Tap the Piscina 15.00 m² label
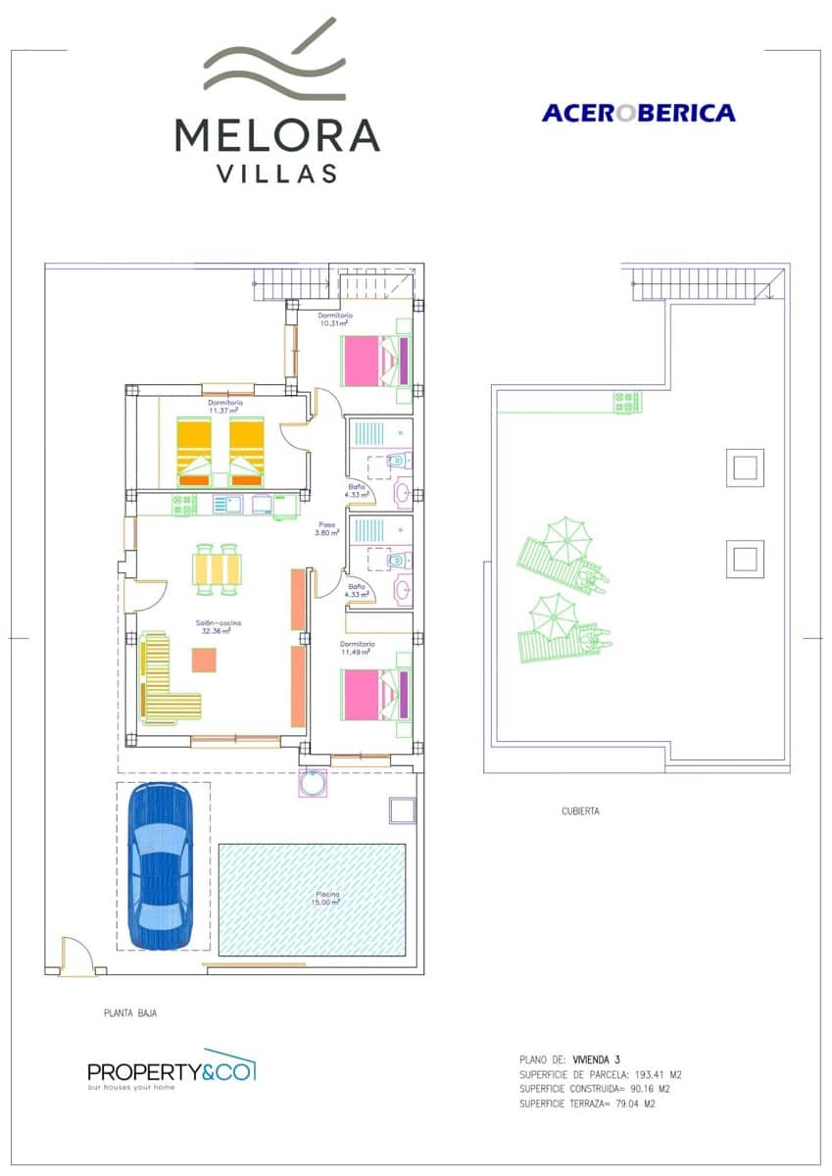click(327, 899)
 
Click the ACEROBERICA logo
click(638, 113)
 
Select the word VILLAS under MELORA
click(277, 173)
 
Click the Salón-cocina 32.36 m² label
click(217, 627)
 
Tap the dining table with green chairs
click(217, 569)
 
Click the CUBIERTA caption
click(580, 811)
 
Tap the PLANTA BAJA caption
click(130, 1014)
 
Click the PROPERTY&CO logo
click(171, 1069)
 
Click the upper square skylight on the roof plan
click(745, 466)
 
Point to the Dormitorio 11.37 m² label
click(225, 407)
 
